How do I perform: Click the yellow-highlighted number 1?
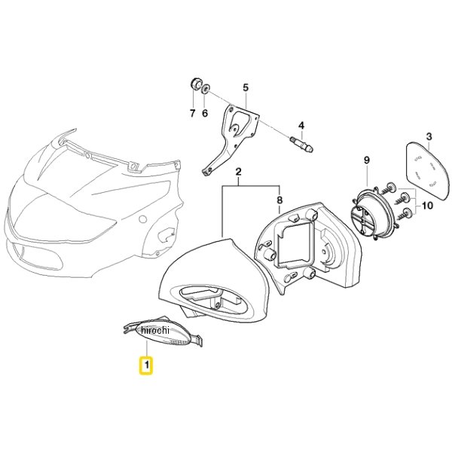point(147,365)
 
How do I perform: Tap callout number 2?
point(238,172)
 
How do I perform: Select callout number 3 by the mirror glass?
point(429,136)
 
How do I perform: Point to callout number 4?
point(301,125)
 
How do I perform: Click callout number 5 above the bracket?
point(246,87)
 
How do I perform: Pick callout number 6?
point(205,113)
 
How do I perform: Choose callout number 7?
point(193,113)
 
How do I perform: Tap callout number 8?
point(279,200)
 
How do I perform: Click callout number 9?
point(366,160)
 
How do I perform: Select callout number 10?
point(427,206)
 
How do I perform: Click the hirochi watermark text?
point(154,330)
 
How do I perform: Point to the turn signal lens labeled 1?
point(162,332)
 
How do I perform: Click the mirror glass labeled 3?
point(427,172)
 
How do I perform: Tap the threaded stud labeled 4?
point(301,144)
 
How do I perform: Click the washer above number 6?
point(206,88)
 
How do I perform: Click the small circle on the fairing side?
point(143,219)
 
